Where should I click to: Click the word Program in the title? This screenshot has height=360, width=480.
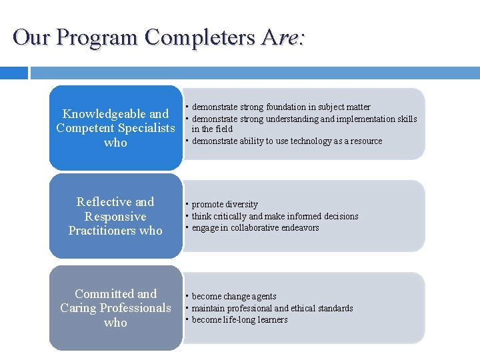tap(97, 37)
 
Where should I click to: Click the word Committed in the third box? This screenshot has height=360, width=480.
tap(106, 294)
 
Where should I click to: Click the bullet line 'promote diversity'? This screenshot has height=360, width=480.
tap(225, 205)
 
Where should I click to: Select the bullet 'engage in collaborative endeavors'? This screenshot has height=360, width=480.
tap(255, 228)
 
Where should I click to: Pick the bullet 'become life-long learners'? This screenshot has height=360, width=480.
tap(239, 320)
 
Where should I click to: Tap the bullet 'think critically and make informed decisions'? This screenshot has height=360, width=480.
tap(275, 217)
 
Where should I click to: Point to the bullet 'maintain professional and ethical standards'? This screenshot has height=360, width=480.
tap(272, 309)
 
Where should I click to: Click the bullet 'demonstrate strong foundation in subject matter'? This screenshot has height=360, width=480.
tap(281, 107)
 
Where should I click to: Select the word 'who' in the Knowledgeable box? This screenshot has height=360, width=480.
tap(115, 143)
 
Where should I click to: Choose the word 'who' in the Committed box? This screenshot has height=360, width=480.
tap(115, 323)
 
